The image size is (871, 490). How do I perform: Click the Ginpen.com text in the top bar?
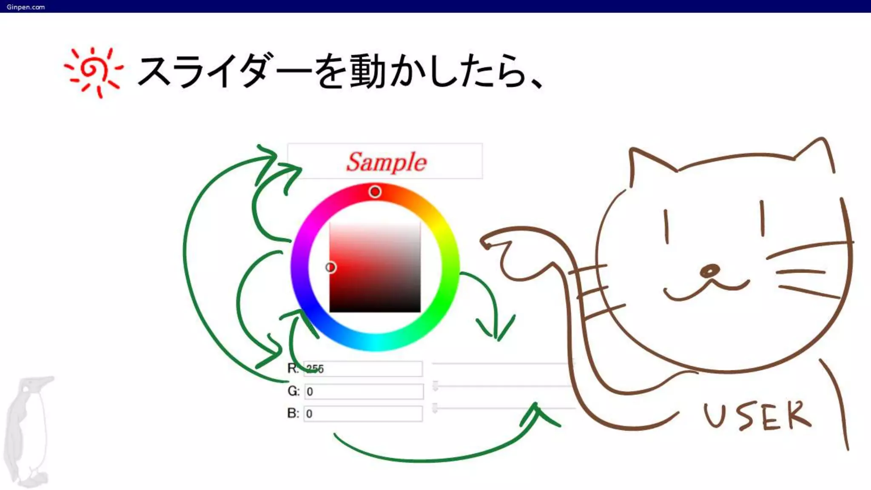pos(26,7)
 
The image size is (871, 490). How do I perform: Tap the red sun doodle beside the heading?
pos(93,71)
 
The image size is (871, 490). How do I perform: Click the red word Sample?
pos(386,162)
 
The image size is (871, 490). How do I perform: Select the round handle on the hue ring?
pos(375,192)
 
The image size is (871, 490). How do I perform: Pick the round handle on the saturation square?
pos(330,267)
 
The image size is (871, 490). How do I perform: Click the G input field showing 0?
pos(364,391)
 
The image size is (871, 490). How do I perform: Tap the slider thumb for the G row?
pos(435,386)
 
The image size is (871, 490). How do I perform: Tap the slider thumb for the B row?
pos(435,408)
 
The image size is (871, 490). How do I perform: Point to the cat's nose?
pos(709,271)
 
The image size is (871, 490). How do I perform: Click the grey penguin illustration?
pos(28,430)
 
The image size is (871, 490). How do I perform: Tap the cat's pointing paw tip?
pos(485,243)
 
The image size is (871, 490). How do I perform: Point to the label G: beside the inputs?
pos(293,391)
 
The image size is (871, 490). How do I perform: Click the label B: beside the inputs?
pos(293,413)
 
